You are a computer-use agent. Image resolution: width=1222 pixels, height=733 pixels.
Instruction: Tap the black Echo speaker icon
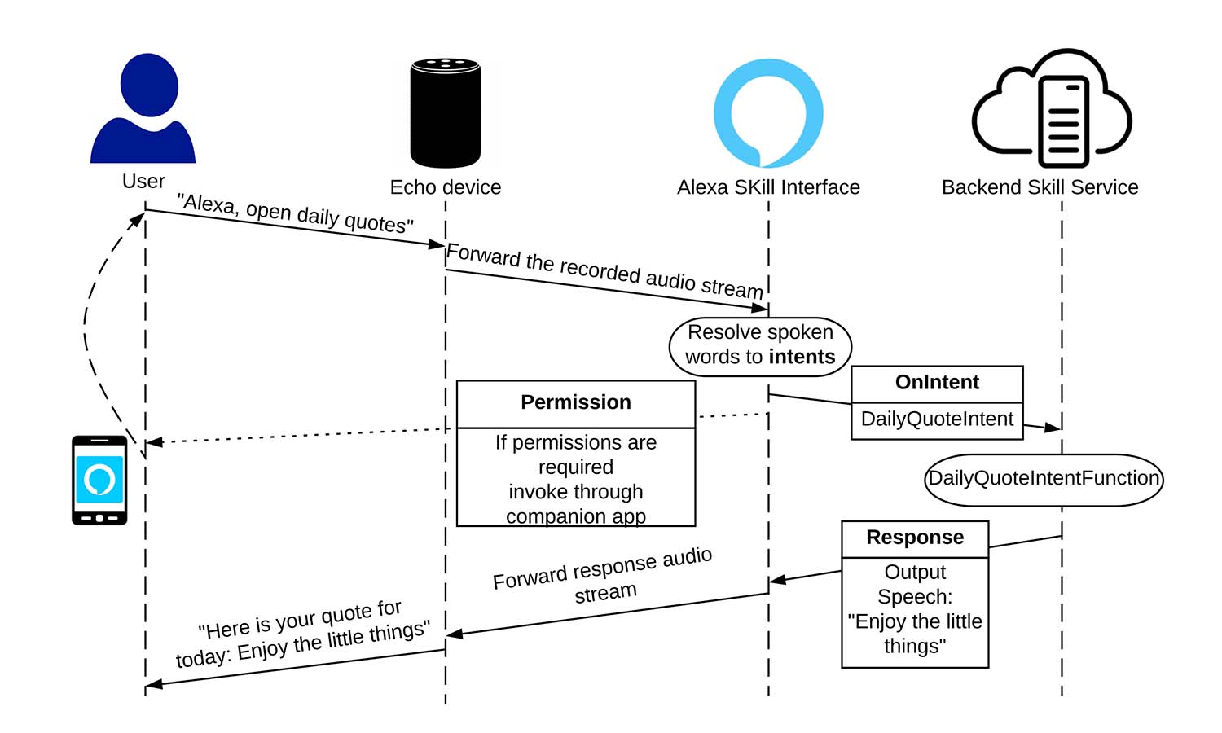(x=445, y=112)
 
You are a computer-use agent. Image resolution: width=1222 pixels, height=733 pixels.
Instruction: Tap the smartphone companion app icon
(x=99, y=481)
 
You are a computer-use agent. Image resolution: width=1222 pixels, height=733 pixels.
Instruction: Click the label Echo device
(x=446, y=187)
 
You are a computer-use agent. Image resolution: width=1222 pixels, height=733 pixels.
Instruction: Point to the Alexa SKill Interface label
(x=768, y=187)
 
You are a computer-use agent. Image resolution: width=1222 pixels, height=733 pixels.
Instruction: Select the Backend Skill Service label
(x=1040, y=187)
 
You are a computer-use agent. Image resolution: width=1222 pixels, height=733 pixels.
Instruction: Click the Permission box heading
(x=576, y=402)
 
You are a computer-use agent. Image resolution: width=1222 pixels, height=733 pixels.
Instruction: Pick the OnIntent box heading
(x=937, y=383)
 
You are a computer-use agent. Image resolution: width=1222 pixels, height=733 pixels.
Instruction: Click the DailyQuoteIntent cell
(x=937, y=419)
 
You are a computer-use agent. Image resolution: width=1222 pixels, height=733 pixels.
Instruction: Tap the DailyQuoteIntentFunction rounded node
(x=1044, y=479)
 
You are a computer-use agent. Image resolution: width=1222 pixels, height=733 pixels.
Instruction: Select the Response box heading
(x=915, y=538)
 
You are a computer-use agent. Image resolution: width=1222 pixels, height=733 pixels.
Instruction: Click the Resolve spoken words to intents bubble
(x=760, y=345)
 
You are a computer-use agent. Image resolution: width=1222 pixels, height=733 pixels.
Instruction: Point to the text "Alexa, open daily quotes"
(x=296, y=213)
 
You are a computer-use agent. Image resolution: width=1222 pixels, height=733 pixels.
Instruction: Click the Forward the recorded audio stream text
(x=604, y=270)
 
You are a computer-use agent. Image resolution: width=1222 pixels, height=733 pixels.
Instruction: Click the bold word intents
(x=802, y=357)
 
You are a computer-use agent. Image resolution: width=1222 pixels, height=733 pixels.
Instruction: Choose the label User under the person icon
(x=143, y=181)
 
